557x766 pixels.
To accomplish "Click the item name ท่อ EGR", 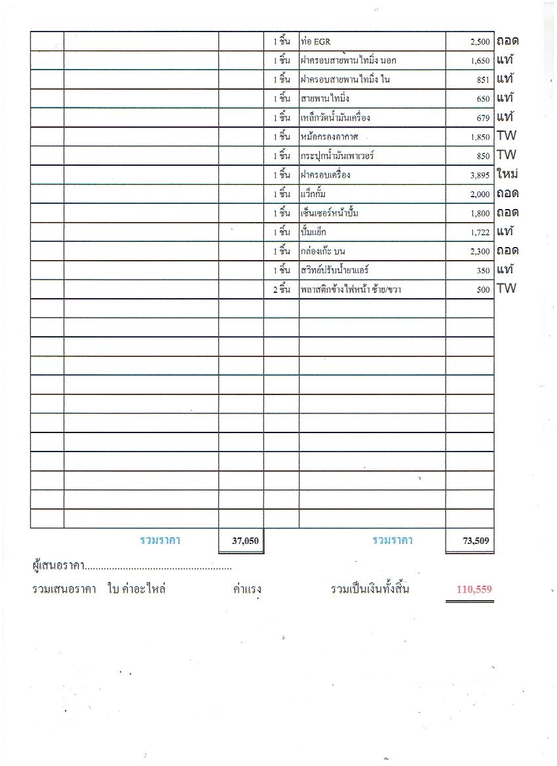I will click(316, 42).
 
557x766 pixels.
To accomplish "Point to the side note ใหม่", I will click(508, 174).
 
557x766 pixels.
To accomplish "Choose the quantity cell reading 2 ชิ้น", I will click(281, 290).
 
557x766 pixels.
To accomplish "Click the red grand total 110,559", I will click(474, 589).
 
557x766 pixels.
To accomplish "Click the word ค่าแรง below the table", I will click(247, 589).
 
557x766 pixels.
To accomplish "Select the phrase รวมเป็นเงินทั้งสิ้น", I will click(370, 589).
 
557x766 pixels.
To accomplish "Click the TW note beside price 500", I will click(506, 288).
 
